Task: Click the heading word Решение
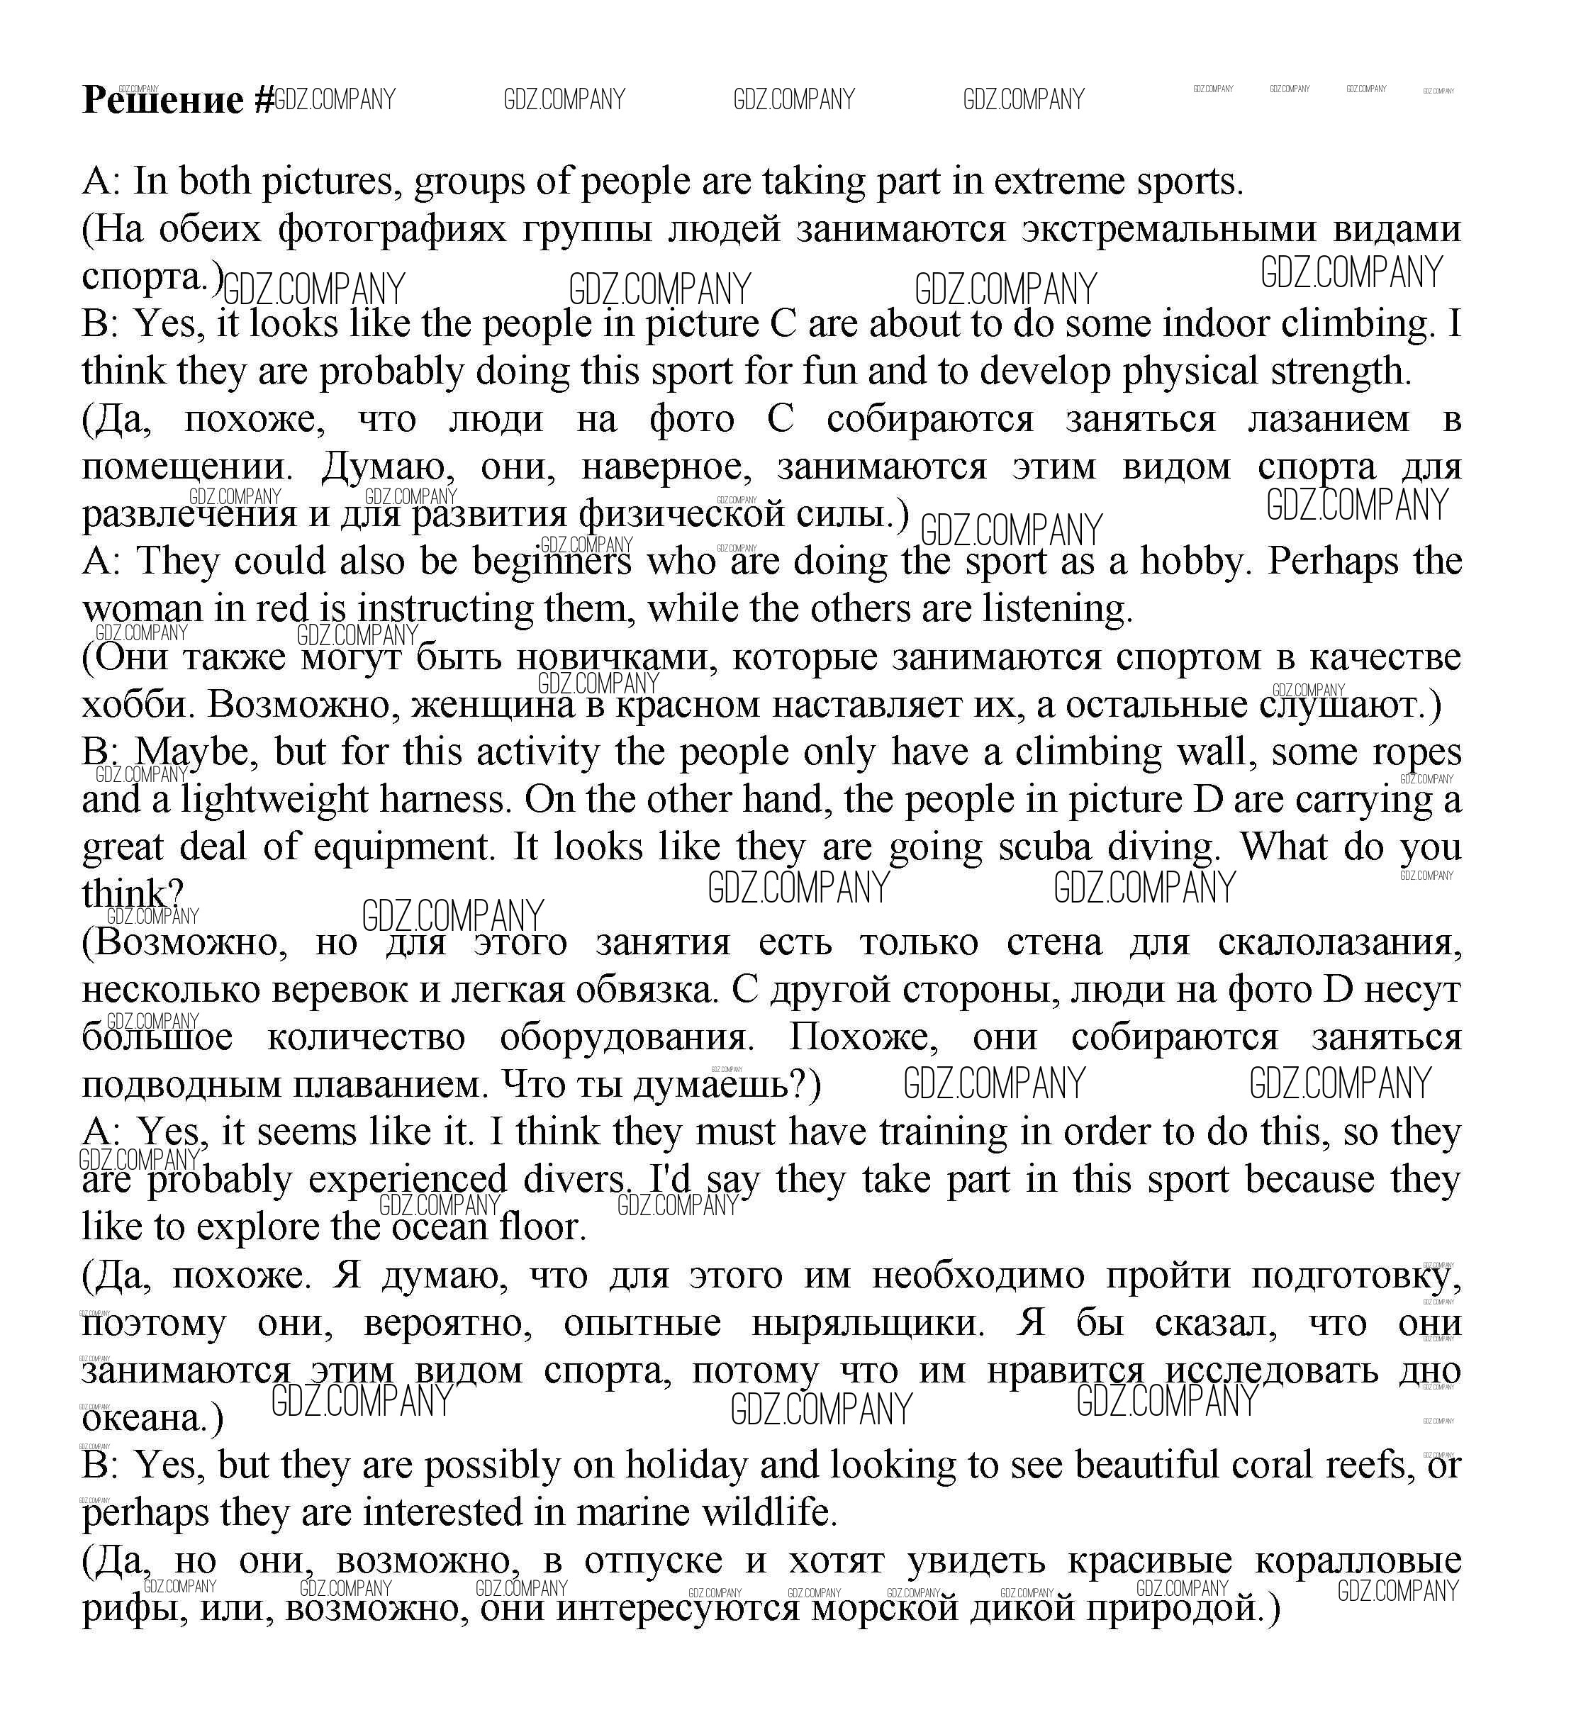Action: pos(163,101)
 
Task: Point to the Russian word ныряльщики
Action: pos(868,1323)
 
